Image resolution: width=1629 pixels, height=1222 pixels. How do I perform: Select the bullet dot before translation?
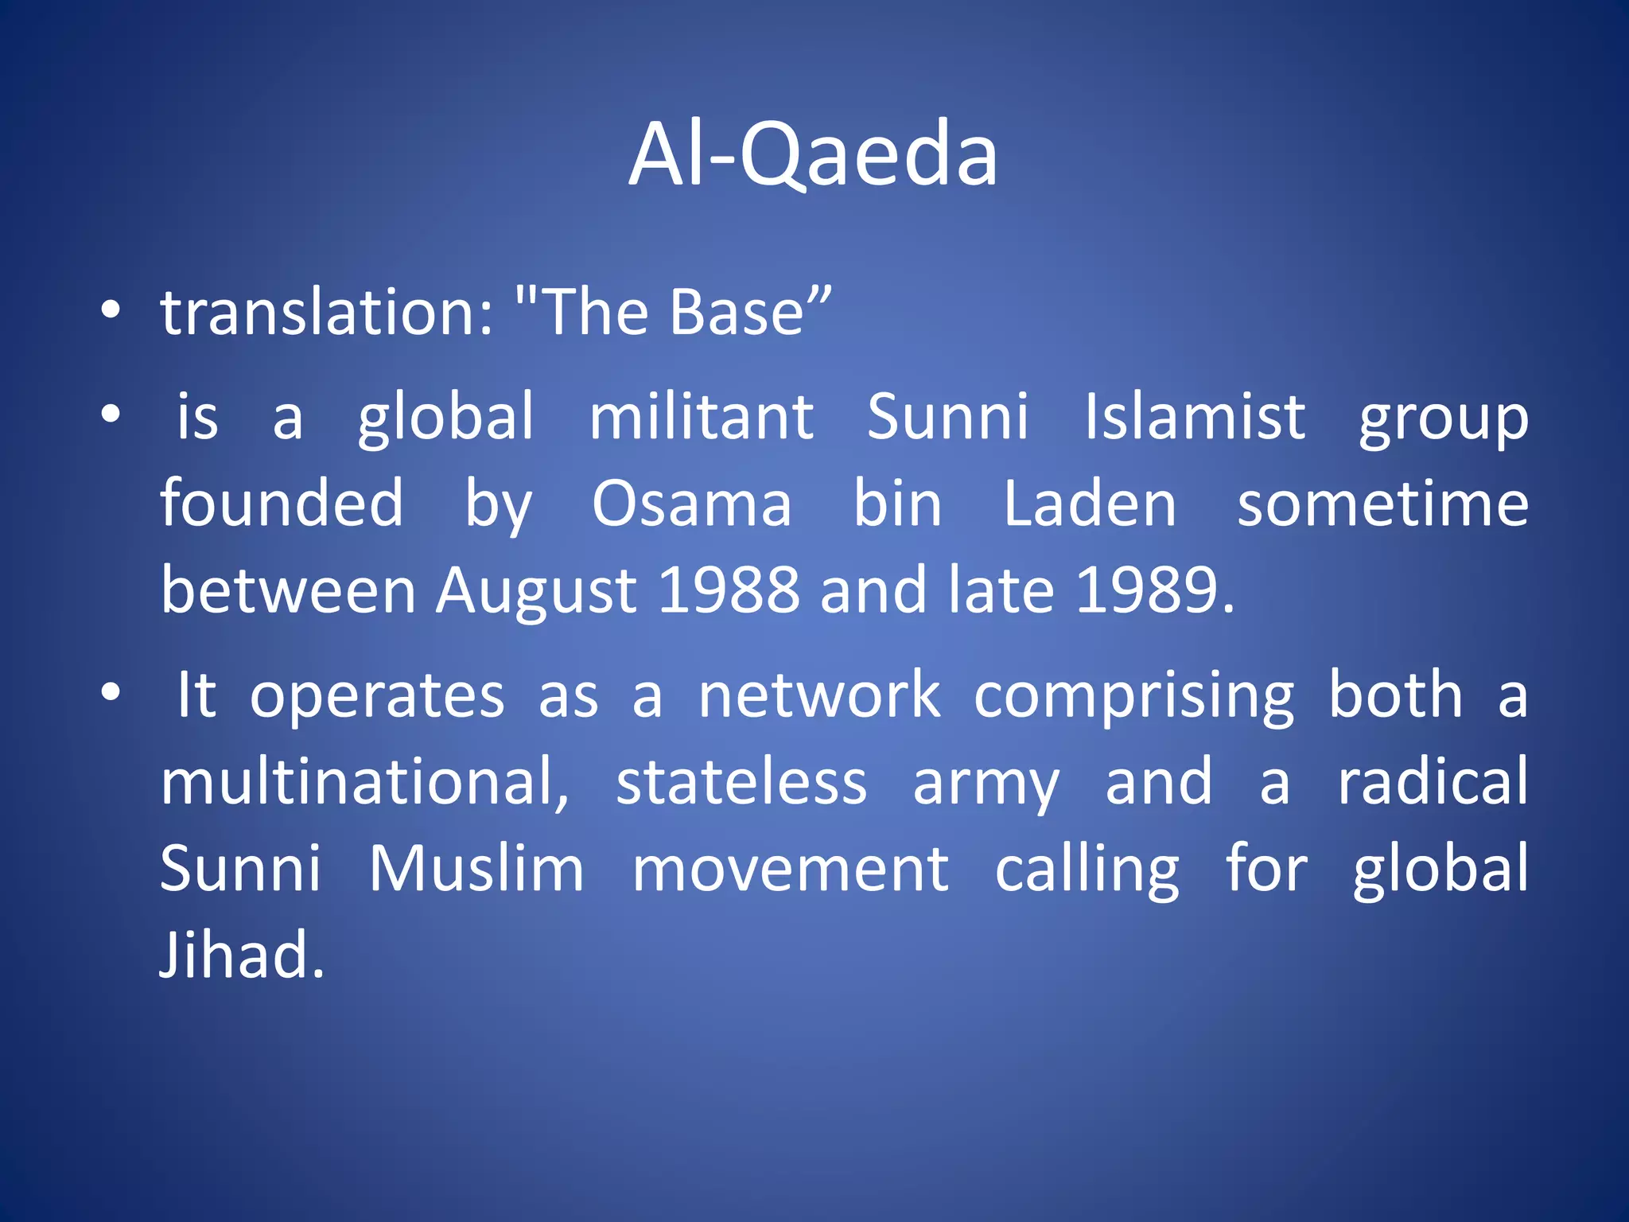[111, 310]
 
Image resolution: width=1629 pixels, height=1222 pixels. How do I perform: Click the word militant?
[701, 417]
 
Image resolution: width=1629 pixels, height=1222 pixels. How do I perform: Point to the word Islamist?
[1195, 417]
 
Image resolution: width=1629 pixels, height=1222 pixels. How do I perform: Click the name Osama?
[691, 504]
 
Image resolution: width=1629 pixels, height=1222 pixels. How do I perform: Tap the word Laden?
[1089, 504]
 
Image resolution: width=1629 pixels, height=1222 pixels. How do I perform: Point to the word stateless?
[741, 782]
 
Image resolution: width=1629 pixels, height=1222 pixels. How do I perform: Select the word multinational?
[364, 782]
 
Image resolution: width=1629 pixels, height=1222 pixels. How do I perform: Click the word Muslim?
[476, 869]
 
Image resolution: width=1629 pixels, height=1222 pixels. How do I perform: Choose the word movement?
[790, 869]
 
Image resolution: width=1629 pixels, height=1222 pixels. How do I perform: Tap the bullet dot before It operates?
[111, 692]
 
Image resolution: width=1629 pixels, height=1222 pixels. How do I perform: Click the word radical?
[1432, 782]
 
